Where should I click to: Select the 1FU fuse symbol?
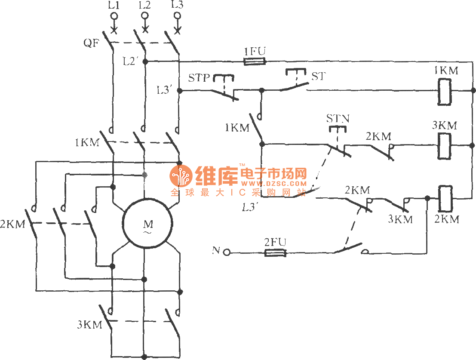255,62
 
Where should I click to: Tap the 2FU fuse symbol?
274,253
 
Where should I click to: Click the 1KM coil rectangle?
445,91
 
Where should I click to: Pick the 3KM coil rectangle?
444,146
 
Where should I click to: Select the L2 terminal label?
145,6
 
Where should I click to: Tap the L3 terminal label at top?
177,6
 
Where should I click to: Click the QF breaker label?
92,43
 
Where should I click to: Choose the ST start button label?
319,76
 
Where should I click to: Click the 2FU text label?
275,243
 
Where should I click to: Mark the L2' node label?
130,62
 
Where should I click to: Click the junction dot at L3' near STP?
180,91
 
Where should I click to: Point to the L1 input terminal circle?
114,16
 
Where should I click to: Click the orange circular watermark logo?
181,176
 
